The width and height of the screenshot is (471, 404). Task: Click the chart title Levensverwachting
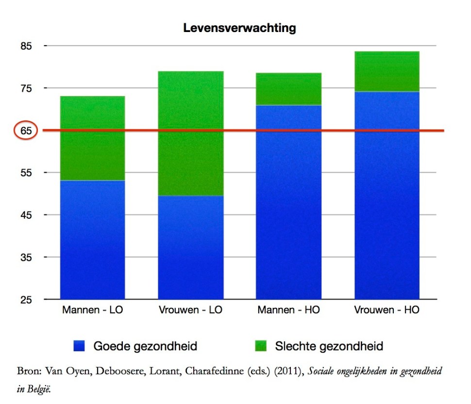[239, 28]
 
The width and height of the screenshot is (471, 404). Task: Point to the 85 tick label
[26, 46]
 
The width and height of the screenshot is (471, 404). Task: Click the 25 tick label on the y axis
[26, 300]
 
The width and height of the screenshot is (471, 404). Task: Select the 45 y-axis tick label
[26, 215]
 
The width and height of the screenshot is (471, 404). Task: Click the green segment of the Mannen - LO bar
[92, 138]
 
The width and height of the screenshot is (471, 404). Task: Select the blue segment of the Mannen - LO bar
[92, 240]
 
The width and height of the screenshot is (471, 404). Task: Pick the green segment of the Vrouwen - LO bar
[191, 133]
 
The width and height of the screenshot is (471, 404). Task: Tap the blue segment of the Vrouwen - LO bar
[191, 247]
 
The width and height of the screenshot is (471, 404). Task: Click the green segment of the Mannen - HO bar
[289, 89]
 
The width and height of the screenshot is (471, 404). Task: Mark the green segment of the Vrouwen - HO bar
[387, 71]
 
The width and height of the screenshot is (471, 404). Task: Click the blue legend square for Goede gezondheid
[80, 346]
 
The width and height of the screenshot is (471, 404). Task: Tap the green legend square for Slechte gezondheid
[261, 346]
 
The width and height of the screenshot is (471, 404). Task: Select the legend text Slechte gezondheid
[329, 346]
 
